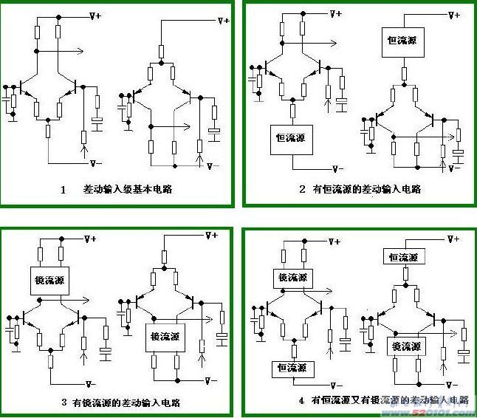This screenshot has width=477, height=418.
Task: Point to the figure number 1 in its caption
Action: (x=64, y=190)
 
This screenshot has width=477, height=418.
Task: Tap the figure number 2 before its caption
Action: (x=302, y=190)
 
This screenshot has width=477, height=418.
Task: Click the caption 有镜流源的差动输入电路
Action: (x=126, y=403)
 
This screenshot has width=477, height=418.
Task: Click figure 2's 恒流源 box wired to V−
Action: (x=290, y=138)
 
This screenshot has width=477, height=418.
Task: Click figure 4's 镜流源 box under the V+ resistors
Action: (x=292, y=278)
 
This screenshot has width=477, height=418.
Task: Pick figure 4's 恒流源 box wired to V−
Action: (x=292, y=366)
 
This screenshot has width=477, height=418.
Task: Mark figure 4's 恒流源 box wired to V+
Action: (x=403, y=257)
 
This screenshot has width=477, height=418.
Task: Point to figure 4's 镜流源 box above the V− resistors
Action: (x=406, y=346)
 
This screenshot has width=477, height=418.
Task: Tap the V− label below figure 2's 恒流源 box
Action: (x=337, y=169)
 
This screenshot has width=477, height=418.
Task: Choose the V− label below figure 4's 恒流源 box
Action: (x=339, y=384)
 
